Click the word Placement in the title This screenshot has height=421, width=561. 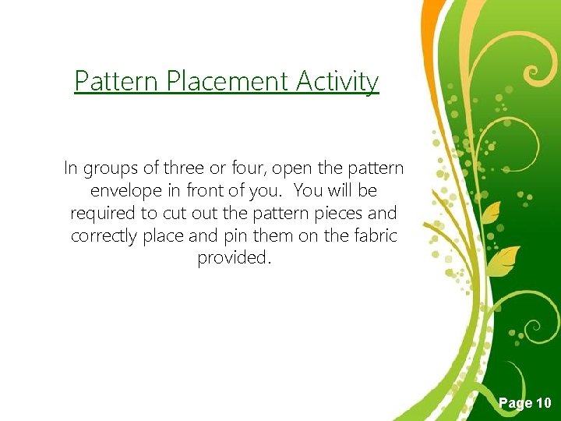[x=228, y=81]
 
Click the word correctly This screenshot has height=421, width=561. [x=104, y=236]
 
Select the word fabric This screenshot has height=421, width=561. [x=372, y=235]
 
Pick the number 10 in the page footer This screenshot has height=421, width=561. [x=543, y=403]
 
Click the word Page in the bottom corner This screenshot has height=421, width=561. [x=515, y=404]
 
